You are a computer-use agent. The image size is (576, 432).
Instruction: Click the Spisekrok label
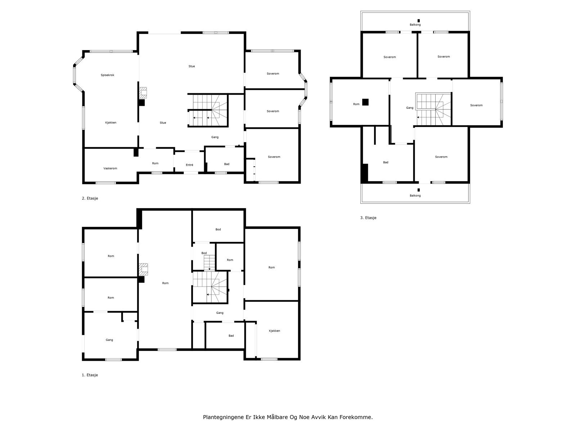click(x=107, y=75)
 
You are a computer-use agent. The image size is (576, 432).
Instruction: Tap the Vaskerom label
click(x=110, y=168)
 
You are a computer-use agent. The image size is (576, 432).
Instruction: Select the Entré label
click(x=189, y=165)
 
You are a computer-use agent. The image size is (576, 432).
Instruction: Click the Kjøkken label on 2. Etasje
click(x=111, y=122)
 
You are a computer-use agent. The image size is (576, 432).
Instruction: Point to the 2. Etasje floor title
click(x=90, y=198)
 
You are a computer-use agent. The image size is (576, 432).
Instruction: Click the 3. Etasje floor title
click(x=368, y=218)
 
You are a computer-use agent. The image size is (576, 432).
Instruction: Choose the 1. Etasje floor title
click(x=90, y=375)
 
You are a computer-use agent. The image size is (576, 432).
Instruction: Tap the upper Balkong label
click(x=415, y=24)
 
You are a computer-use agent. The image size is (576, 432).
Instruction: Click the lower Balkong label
click(x=415, y=196)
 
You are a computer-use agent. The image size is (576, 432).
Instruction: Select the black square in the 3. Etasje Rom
click(x=365, y=102)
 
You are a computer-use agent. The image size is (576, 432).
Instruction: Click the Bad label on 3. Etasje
click(x=386, y=162)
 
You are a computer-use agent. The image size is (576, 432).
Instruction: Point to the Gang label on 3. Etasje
click(x=410, y=108)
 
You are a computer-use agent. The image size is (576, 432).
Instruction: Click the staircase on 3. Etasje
click(x=433, y=109)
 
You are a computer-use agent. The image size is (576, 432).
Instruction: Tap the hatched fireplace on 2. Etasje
click(x=143, y=93)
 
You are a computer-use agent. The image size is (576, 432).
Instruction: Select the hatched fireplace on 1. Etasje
click(x=143, y=269)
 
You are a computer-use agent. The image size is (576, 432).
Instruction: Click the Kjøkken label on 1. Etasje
click(x=274, y=331)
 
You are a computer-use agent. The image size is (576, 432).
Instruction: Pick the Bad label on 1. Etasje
click(x=231, y=336)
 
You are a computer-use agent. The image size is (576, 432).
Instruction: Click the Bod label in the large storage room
click(x=218, y=230)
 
